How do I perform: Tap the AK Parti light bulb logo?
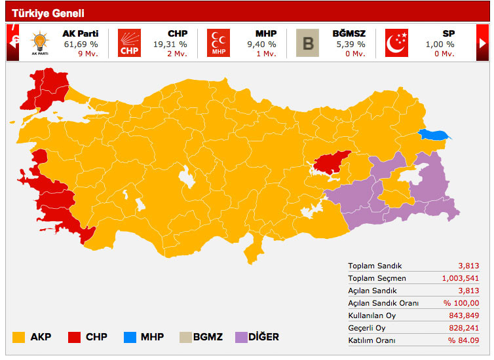pos(39,44)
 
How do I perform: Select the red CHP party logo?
pos(129,44)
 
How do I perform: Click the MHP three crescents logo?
pos(218,44)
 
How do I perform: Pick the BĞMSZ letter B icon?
pos(307,44)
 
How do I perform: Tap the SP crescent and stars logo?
pos(396,44)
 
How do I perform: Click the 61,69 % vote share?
pos(81,44)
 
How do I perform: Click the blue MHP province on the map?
pos(435,135)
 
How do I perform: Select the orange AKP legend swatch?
pos(19,337)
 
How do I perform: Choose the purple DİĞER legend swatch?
pos(240,337)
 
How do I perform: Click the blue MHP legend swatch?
pos(130,337)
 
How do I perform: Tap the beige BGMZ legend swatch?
pos(185,337)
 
